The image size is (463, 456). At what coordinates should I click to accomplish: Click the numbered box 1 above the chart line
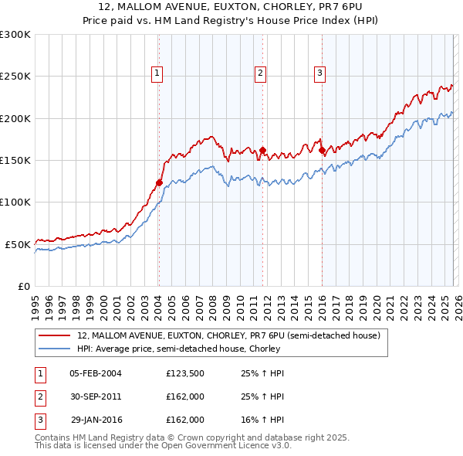coord(157,73)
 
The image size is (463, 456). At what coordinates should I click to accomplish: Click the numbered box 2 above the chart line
coord(261,73)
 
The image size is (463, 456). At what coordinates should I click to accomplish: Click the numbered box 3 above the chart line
coord(319,73)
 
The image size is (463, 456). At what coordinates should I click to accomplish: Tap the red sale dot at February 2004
coord(159,183)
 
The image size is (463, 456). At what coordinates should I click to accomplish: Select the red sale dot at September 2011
coord(263,151)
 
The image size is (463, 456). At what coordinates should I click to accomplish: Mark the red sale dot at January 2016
coord(322,151)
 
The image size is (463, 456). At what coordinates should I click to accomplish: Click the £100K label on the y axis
coord(15,202)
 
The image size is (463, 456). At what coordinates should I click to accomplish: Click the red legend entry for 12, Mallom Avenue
coord(228,336)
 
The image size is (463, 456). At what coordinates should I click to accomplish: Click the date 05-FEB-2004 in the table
coord(96,373)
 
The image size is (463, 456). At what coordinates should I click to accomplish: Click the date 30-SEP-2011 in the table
coord(96,396)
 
